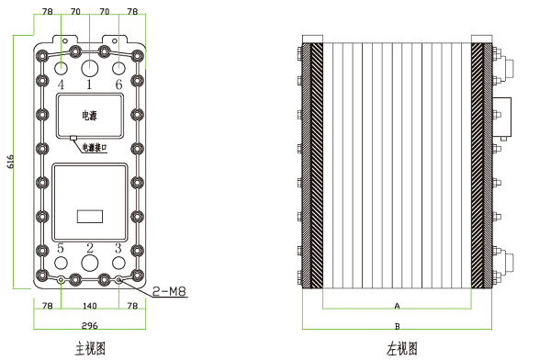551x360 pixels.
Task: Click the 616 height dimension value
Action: [11, 162]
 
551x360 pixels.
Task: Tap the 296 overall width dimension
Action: [89, 326]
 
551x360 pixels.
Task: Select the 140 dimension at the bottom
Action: [89, 304]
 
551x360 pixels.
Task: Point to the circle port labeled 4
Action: [61, 67]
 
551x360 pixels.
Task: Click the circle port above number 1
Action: [90, 68]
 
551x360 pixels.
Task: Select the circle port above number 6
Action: [118, 67]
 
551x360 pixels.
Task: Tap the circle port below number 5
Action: [61, 263]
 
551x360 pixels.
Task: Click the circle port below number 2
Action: [90, 264]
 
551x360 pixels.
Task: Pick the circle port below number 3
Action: [118, 263]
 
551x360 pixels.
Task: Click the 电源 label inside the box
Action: [89, 117]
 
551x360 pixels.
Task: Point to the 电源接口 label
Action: [95, 146]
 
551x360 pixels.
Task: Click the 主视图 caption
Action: [90, 348]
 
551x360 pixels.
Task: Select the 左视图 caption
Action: [401, 348]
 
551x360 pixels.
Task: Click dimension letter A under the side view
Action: [397, 304]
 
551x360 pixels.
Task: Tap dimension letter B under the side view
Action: [397, 325]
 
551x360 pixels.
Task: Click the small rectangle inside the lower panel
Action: [89, 218]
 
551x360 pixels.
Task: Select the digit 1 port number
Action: [89, 84]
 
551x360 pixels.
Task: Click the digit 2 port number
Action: [90, 248]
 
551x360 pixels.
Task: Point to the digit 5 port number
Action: [61, 248]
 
